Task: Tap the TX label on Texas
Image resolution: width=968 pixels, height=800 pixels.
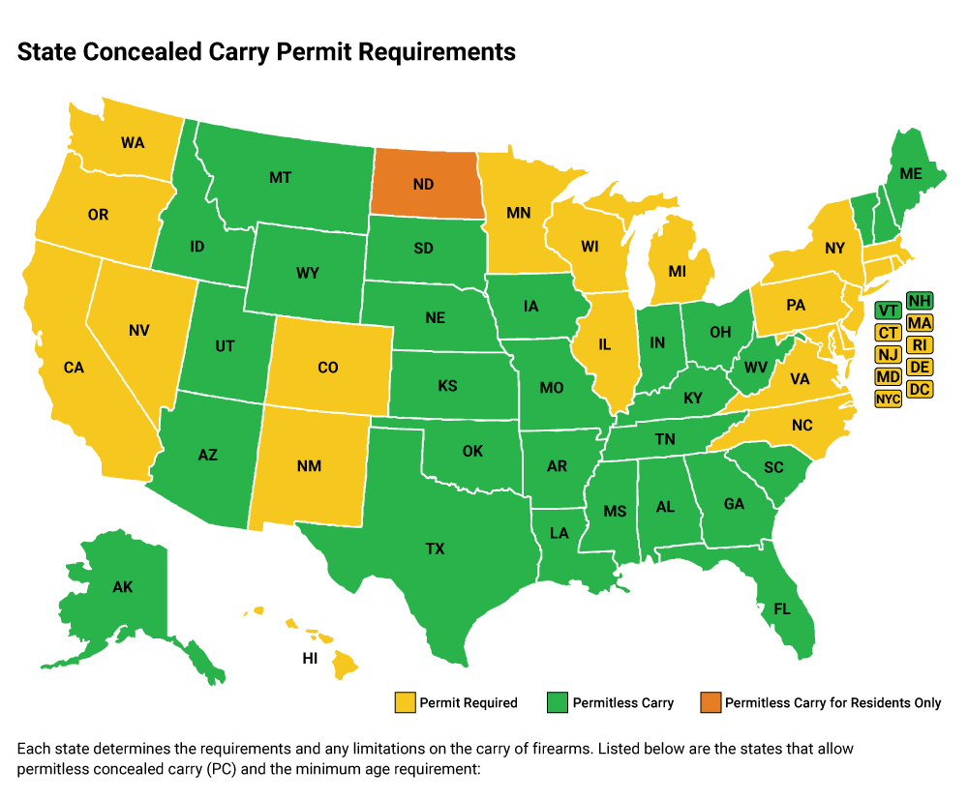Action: coord(435,548)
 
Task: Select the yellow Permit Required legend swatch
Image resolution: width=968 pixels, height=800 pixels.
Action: coord(405,702)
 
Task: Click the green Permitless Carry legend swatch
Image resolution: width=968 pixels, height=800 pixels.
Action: coord(558,702)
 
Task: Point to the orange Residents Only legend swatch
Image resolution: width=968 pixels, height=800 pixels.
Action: coord(710,702)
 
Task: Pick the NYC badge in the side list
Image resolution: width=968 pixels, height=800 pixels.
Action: coord(888,399)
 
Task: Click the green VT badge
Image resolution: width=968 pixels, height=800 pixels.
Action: coord(888,311)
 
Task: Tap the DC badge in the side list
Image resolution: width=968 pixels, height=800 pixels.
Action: coord(921,389)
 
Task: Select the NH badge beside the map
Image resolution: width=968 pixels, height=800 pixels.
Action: coord(921,301)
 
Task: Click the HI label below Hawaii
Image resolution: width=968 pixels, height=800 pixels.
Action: coord(311,658)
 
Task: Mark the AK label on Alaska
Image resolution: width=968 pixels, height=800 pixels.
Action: coord(122,587)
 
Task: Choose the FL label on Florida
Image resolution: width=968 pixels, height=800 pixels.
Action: coord(781,610)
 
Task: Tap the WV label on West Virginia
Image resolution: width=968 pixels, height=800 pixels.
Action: coord(756,367)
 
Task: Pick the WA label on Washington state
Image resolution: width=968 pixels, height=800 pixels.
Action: coord(133,143)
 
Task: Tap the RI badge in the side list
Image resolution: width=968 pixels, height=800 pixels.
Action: coord(921,344)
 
